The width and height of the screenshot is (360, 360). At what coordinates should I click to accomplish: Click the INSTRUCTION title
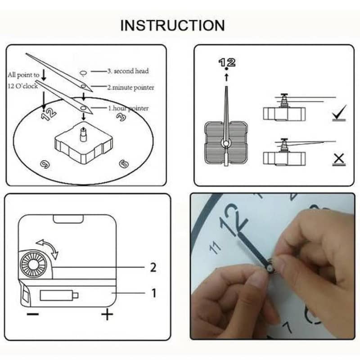point(172,25)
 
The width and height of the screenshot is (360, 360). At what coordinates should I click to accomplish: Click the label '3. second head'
point(128,71)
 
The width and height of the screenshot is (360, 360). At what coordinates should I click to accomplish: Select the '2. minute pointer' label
point(130,88)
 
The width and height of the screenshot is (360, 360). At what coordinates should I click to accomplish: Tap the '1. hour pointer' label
point(128,108)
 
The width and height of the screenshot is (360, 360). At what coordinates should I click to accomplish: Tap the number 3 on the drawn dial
point(121,117)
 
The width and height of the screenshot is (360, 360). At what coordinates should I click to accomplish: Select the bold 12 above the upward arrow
point(227,63)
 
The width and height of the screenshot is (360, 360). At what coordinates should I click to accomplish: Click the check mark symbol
point(338,113)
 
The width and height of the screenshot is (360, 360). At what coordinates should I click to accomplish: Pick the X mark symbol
point(339,158)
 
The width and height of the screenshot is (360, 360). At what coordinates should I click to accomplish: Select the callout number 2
point(153,268)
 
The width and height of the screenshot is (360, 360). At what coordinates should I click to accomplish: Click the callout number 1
point(153,293)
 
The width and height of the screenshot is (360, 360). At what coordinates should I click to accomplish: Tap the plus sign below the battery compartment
point(107,314)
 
